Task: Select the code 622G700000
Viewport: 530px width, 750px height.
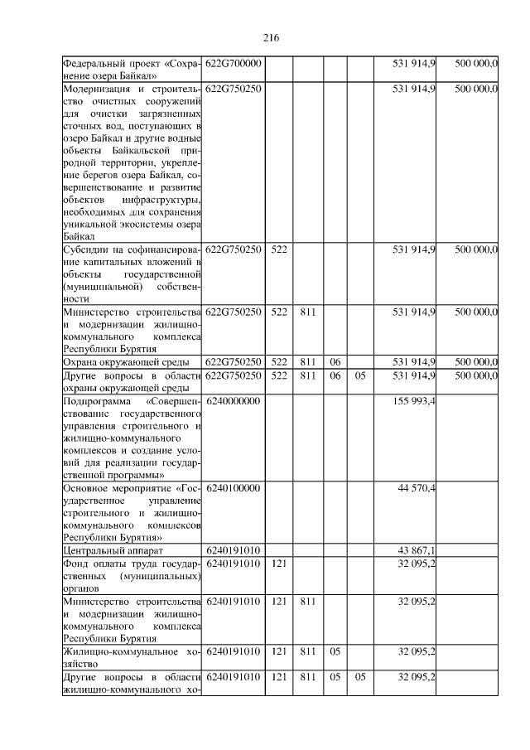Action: (x=234, y=64)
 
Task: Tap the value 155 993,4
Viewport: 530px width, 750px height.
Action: (x=417, y=401)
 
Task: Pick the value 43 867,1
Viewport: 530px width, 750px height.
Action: (x=417, y=550)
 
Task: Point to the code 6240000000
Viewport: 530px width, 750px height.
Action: (x=234, y=401)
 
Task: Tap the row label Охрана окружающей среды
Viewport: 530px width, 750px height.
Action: (x=127, y=362)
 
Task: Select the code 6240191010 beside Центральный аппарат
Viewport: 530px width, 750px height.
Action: (x=234, y=550)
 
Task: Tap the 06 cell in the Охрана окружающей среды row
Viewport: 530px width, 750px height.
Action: (x=335, y=362)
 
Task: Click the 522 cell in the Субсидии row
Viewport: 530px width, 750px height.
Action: (x=279, y=249)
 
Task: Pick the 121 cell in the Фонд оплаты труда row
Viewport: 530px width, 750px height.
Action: (x=279, y=564)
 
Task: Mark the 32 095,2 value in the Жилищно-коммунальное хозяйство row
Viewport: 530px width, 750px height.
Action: (x=417, y=651)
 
